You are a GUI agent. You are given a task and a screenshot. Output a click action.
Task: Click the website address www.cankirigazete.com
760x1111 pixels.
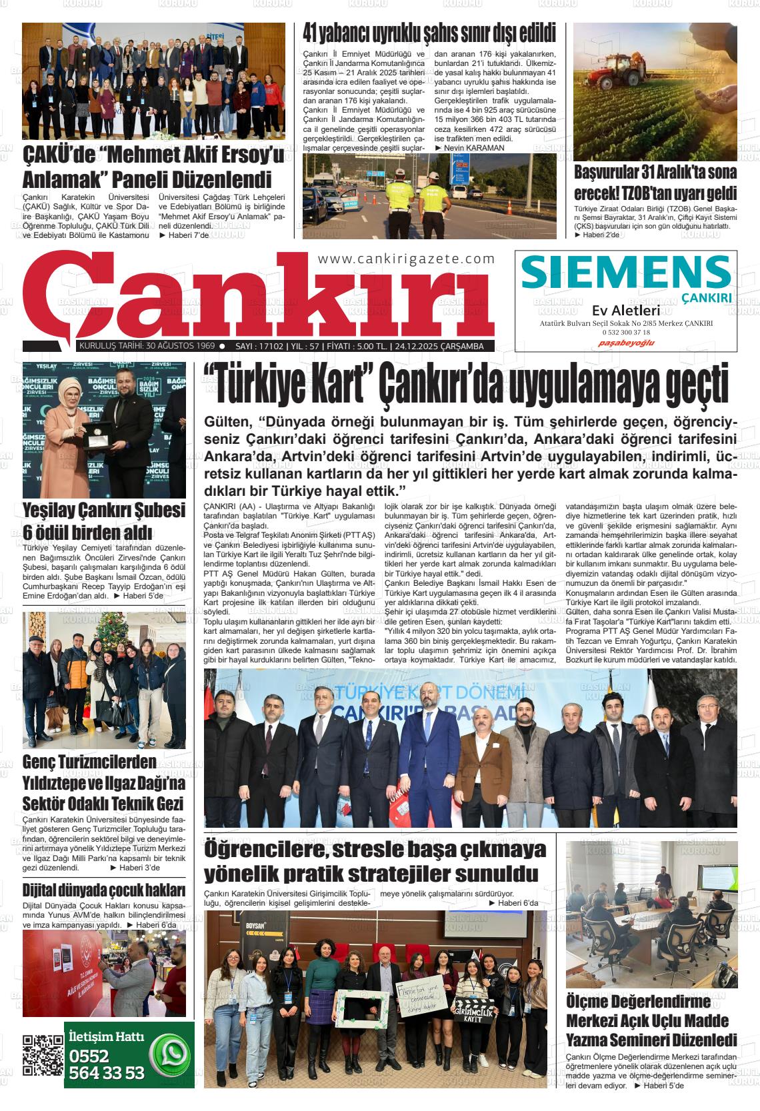407,259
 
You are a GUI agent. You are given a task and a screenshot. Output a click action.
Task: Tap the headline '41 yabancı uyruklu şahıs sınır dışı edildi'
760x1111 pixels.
429,32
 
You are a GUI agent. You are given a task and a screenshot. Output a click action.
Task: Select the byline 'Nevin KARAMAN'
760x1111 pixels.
473,147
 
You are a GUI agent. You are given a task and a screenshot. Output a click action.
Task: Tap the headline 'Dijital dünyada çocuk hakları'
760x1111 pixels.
103,890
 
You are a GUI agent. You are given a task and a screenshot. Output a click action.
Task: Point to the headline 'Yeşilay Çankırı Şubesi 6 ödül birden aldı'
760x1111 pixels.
103,521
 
